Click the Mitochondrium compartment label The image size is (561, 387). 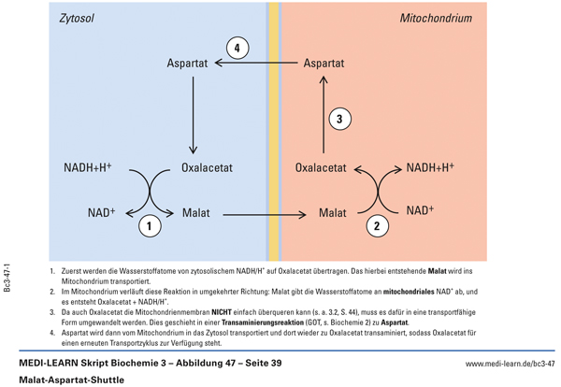[x=436, y=18]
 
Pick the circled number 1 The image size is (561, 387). [x=149, y=225]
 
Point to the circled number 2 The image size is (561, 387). [x=376, y=225]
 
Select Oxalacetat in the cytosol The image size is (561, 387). [x=207, y=169]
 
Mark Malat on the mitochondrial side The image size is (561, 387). [x=335, y=213]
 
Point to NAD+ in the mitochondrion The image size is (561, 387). [x=421, y=210]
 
